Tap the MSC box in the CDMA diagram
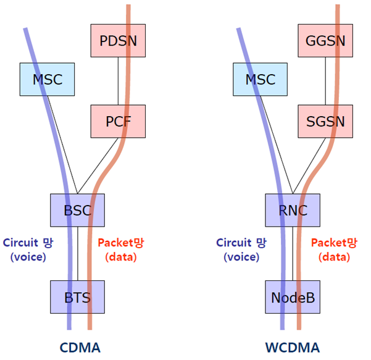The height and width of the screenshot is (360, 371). click(x=46, y=80)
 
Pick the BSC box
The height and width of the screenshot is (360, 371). click(x=77, y=210)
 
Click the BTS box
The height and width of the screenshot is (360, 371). click(x=77, y=298)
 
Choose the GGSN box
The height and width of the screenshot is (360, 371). click(x=325, y=41)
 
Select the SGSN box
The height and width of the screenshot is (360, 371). click(x=325, y=120)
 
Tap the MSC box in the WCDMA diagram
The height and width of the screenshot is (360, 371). click(x=260, y=80)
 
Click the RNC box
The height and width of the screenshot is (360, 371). click(x=293, y=210)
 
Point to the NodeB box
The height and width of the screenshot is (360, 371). click(x=293, y=298)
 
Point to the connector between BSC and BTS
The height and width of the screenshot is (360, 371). click(x=77, y=253)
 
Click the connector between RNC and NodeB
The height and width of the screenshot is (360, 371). click(x=293, y=253)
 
